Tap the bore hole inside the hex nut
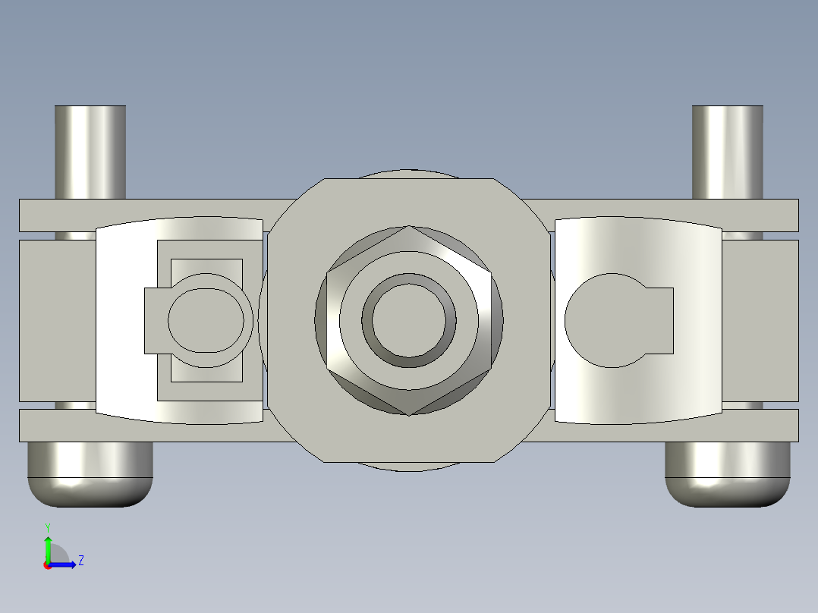point(409,320)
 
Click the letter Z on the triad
point(80,561)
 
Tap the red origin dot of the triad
point(48,564)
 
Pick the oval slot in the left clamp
point(209,320)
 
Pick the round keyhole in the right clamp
point(607,320)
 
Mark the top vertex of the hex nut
point(409,227)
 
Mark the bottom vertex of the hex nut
point(409,413)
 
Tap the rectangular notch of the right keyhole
point(660,320)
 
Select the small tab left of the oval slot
point(154,320)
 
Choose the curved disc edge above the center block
point(409,174)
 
